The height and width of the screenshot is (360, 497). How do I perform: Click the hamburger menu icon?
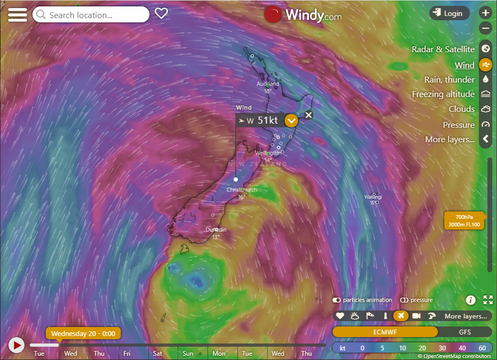point(17,14)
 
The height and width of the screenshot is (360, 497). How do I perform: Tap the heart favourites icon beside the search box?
point(161,13)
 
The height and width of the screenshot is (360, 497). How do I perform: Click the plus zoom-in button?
point(485,13)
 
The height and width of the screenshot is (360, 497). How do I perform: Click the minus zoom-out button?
point(485,28)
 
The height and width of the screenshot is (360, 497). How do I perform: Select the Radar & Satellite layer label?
point(443,49)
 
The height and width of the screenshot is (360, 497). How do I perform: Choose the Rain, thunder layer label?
point(449,79)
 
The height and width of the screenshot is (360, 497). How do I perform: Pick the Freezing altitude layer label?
point(443,94)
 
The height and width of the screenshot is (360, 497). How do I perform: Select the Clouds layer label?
point(461,109)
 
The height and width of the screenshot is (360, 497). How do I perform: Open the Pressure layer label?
point(458,125)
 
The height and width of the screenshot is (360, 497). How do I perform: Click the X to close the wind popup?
point(309,115)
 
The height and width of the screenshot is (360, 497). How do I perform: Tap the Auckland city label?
point(268,84)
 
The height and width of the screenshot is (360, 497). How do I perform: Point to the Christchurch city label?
point(242,190)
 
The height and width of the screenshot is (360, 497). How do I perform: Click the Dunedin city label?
point(216,230)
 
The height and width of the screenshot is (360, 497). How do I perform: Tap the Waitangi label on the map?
point(373,197)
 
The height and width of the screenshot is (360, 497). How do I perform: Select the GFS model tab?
point(465,332)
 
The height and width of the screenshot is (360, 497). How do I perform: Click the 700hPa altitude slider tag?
point(464,220)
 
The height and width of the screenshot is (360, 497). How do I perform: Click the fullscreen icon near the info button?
point(487,300)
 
